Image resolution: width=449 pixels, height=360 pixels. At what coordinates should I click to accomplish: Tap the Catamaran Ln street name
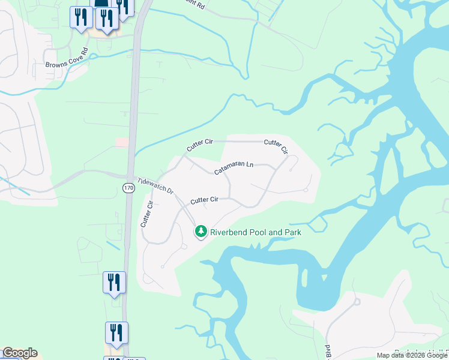tap(235, 168)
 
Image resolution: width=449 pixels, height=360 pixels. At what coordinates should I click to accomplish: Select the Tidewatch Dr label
tap(155, 184)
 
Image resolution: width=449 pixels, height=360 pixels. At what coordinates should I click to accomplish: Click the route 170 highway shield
tap(128, 188)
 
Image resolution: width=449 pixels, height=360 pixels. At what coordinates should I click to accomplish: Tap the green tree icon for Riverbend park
tap(201, 232)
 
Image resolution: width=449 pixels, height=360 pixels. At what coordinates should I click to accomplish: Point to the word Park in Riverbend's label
tap(291, 232)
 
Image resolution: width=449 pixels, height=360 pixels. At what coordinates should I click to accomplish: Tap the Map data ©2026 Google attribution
tap(412, 355)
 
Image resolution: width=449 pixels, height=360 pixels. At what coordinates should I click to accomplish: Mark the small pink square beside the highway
tap(122, 142)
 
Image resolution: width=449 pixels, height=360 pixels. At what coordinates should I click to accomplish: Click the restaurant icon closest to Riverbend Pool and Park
tap(114, 282)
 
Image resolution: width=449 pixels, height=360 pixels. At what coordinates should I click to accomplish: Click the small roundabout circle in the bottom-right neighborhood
tap(355, 302)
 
